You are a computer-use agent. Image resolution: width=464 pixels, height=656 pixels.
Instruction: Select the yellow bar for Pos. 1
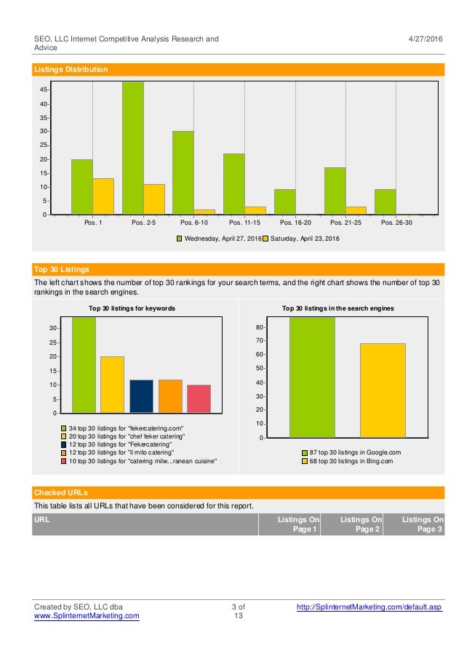coord(103,196)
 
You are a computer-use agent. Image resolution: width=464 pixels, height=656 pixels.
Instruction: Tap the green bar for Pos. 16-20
coord(284,201)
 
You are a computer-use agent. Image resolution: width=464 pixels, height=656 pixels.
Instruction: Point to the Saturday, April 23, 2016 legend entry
coord(301,239)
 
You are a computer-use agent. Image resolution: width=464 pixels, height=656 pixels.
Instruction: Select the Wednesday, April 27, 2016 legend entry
coord(219,239)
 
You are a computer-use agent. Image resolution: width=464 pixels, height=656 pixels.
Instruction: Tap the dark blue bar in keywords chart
coord(141,396)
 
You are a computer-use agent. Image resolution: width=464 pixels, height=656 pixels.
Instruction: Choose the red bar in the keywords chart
coord(199,399)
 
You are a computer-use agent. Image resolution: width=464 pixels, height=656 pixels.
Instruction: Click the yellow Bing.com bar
coord(383,390)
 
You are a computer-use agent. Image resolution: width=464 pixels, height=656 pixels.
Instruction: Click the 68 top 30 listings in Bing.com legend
coord(351,461)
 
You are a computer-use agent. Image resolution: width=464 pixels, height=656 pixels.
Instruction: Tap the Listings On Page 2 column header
coord(361,524)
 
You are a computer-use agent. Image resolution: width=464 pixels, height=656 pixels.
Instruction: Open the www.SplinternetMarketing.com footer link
coord(87,616)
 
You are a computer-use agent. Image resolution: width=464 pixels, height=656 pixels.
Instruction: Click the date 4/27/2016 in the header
coord(423,39)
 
